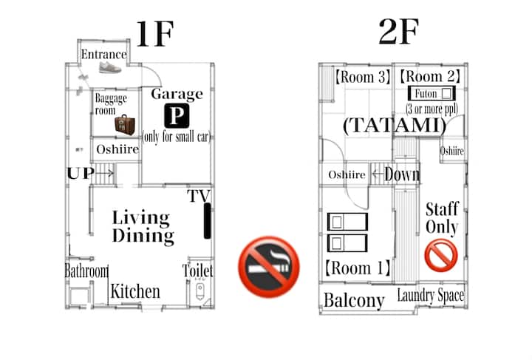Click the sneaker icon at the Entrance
coord(110,67)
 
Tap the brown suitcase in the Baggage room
coord(125,124)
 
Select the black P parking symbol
coord(177,116)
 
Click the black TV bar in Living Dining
coord(207,220)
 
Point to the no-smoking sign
coord(269,267)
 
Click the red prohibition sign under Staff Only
coord(441,256)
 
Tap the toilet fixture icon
coord(199,291)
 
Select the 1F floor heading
coord(155,34)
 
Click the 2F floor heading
coord(399,31)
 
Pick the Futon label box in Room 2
coord(432,93)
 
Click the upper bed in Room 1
coord(347,222)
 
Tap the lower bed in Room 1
coord(347,243)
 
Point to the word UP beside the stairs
coord(81,174)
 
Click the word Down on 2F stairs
coord(402,174)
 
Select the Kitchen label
coord(135,291)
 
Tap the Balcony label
coord(354,300)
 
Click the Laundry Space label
coord(431,295)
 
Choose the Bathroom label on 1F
coord(86,271)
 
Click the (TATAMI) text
coord(395,125)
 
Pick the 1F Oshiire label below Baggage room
coord(117,149)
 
